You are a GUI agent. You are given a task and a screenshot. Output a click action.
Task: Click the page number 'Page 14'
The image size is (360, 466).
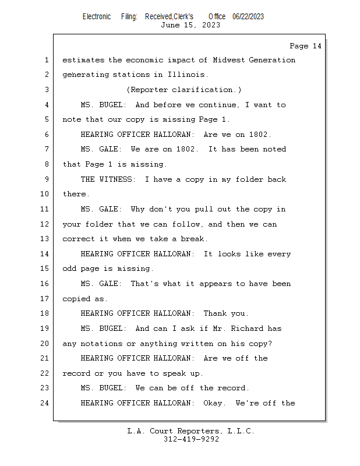(x=305, y=46)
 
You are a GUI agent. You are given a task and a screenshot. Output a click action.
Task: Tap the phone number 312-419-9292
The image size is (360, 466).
(x=191, y=439)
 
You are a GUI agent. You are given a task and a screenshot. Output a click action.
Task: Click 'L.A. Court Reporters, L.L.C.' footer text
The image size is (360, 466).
(x=190, y=431)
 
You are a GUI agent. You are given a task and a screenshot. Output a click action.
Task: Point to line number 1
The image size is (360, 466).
(x=46, y=60)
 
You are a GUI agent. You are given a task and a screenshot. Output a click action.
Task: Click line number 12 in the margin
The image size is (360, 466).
(x=44, y=224)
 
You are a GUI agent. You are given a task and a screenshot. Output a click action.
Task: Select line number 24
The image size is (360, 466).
(x=44, y=403)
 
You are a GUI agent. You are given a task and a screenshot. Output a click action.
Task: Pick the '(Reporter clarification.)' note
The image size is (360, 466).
(x=183, y=90)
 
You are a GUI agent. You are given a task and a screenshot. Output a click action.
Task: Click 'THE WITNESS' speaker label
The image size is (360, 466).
(x=108, y=179)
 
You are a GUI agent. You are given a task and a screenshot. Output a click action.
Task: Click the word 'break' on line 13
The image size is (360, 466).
(x=192, y=239)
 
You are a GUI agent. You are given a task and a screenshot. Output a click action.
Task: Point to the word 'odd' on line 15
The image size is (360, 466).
(x=69, y=269)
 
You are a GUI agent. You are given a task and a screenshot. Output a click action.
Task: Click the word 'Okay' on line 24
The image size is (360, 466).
(x=215, y=403)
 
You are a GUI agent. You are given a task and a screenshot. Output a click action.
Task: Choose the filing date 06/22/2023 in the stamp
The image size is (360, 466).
(x=248, y=16)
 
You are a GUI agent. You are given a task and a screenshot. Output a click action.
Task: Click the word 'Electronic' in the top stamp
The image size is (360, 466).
(x=97, y=16)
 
